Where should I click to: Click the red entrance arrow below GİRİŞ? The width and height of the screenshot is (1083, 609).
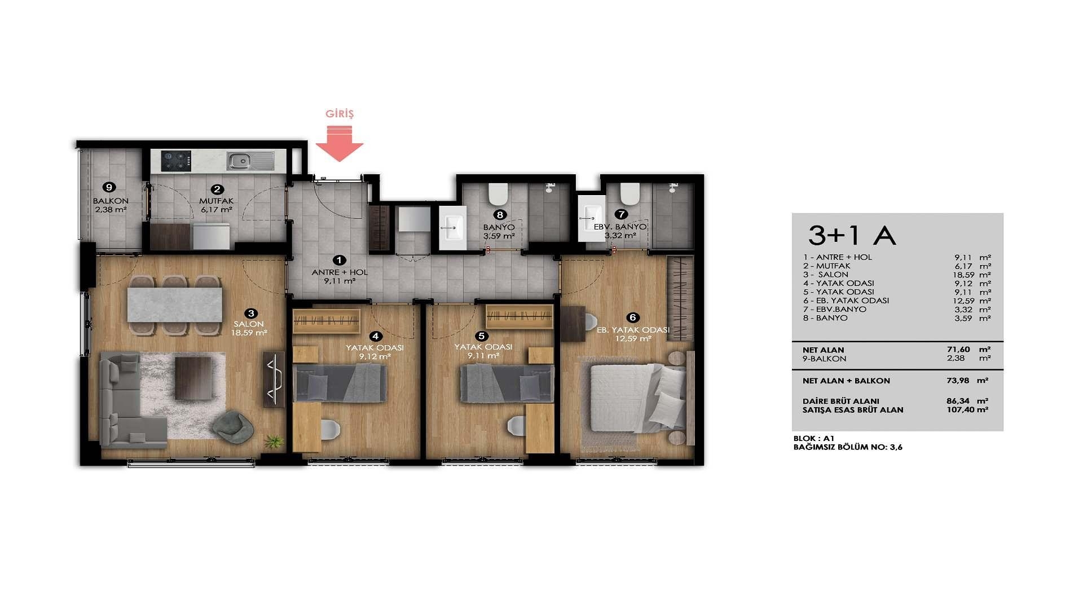(x=339, y=144)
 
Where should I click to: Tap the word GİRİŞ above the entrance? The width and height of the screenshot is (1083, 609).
(x=340, y=114)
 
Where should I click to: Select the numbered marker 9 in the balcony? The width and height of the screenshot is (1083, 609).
(x=109, y=187)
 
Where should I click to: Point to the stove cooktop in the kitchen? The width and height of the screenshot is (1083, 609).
(x=176, y=161)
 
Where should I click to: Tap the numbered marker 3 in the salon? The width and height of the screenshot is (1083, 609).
(x=251, y=314)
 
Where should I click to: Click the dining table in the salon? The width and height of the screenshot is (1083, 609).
(x=174, y=305)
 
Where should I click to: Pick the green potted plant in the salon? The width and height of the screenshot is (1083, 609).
(x=275, y=441)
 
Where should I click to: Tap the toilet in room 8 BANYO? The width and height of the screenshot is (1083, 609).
(x=498, y=194)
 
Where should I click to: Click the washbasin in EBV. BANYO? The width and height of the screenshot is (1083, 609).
(x=592, y=218)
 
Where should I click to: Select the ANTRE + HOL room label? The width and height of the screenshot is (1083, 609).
(x=340, y=272)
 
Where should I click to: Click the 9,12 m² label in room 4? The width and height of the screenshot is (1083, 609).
(x=375, y=356)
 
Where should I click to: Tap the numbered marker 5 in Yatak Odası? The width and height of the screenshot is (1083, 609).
(x=481, y=336)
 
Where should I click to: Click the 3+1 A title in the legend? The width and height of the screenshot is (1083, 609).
(x=852, y=236)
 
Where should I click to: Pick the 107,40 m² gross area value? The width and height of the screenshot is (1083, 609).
(x=967, y=410)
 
